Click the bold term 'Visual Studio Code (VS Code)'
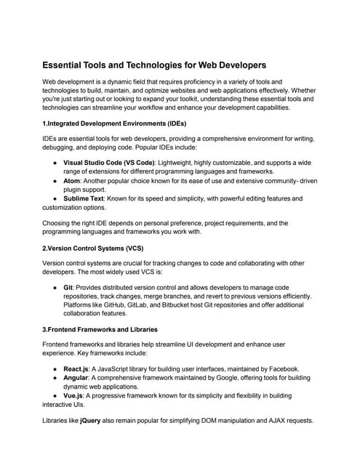point(108,162)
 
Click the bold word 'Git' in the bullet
point(68,288)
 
